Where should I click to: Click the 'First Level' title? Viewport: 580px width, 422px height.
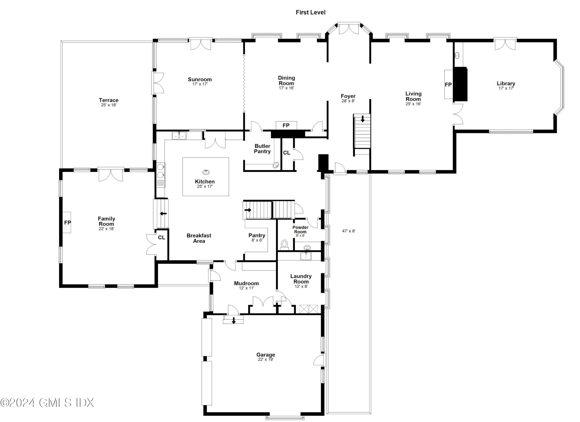pos(310,12)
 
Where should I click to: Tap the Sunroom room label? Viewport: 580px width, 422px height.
pos(200,79)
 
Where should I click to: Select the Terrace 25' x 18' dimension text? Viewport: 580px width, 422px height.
pos(109,105)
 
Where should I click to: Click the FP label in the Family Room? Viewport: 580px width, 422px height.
pos(67,223)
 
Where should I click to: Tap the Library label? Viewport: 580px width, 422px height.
pos(506,83)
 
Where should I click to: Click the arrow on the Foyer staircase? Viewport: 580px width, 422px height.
pos(362,119)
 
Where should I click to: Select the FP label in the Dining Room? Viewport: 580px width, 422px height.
pos(286,125)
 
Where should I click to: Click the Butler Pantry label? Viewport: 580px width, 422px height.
pos(262,148)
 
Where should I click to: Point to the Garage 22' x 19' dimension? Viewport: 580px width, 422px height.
pos(266,359)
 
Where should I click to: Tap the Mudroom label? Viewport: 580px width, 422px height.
pos(246,283)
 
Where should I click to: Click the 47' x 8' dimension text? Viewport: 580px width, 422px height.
pos(349,231)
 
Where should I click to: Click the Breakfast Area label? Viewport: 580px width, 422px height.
pos(199,238)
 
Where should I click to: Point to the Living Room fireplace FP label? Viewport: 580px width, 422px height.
pos(448,84)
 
